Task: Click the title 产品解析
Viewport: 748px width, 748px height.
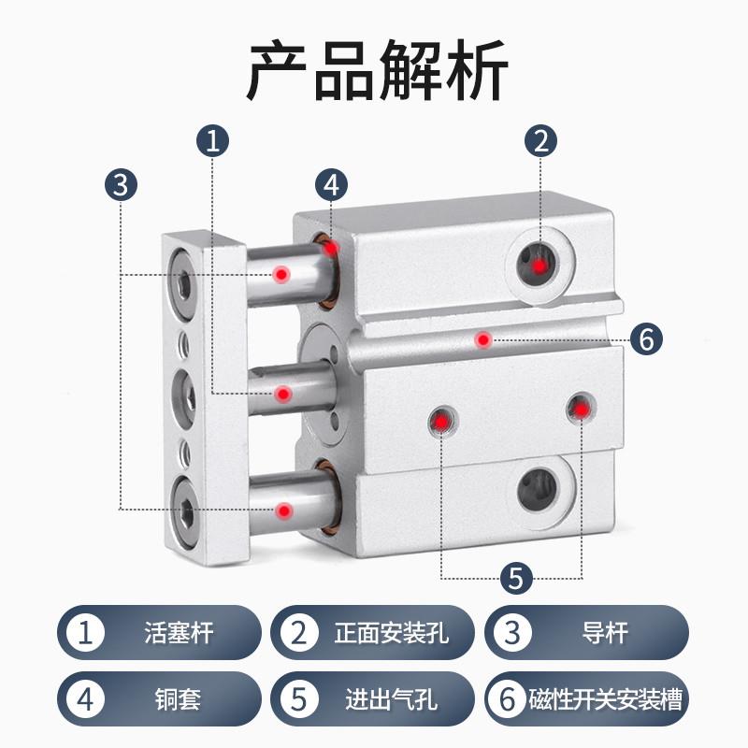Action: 374,70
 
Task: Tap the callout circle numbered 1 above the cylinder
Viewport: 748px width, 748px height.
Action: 213,141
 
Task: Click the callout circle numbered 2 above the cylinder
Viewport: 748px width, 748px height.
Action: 539,141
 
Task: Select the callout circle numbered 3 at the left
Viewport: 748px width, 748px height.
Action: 121,183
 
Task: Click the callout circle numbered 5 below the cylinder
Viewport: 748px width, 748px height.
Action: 513,577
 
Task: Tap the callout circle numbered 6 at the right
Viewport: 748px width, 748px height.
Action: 645,338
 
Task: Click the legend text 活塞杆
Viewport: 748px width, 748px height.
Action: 180,633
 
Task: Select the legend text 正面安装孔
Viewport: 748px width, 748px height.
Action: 392,633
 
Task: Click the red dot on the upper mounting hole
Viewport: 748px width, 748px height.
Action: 539,266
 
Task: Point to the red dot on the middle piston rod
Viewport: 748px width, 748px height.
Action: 281,395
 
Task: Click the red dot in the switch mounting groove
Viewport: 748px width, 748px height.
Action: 482,338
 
